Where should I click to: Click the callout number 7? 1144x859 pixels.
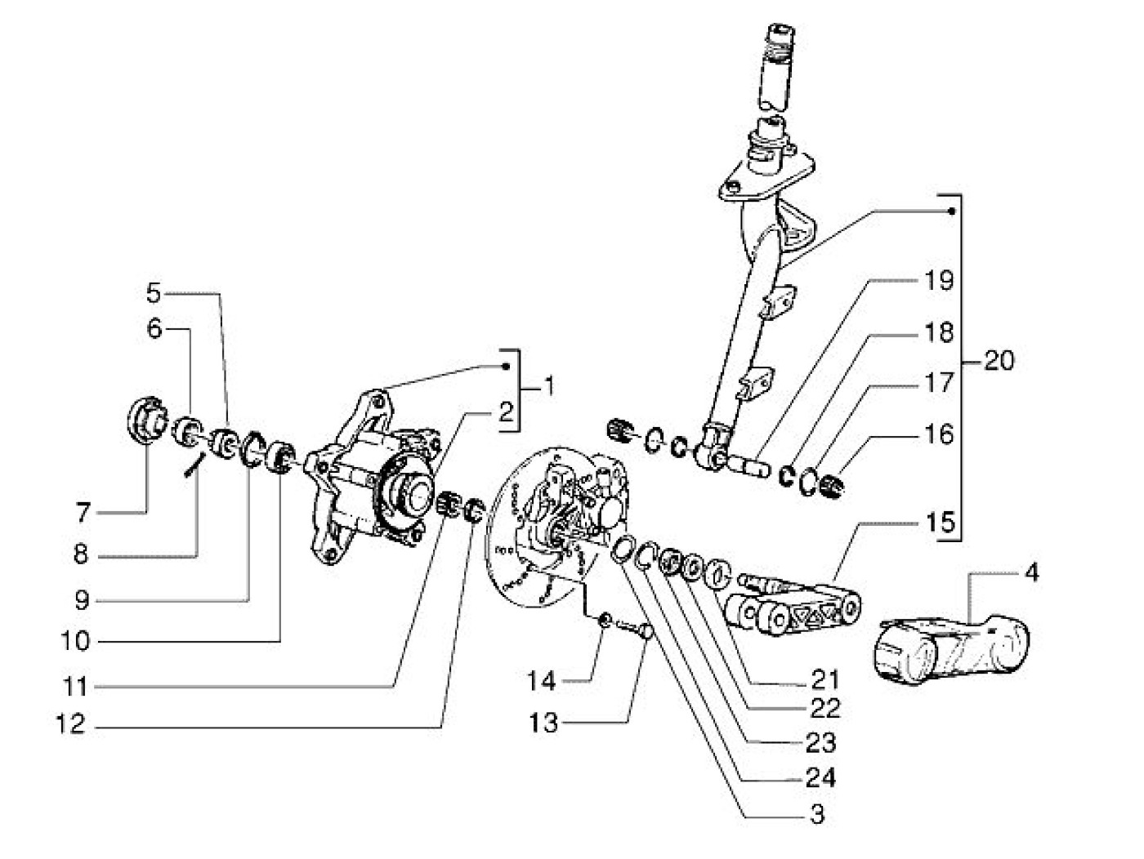coord(82,514)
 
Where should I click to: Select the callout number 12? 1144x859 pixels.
coord(71,723)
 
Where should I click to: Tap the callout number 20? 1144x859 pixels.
coord(996,360)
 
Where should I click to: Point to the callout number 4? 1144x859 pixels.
coord(1031,573)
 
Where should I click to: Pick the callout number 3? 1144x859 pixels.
coord(814,813)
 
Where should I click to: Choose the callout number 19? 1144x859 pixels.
coord(941,282)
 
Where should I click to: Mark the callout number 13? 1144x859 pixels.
coord(543,723)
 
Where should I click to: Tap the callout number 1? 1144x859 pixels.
coord(548,384)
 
